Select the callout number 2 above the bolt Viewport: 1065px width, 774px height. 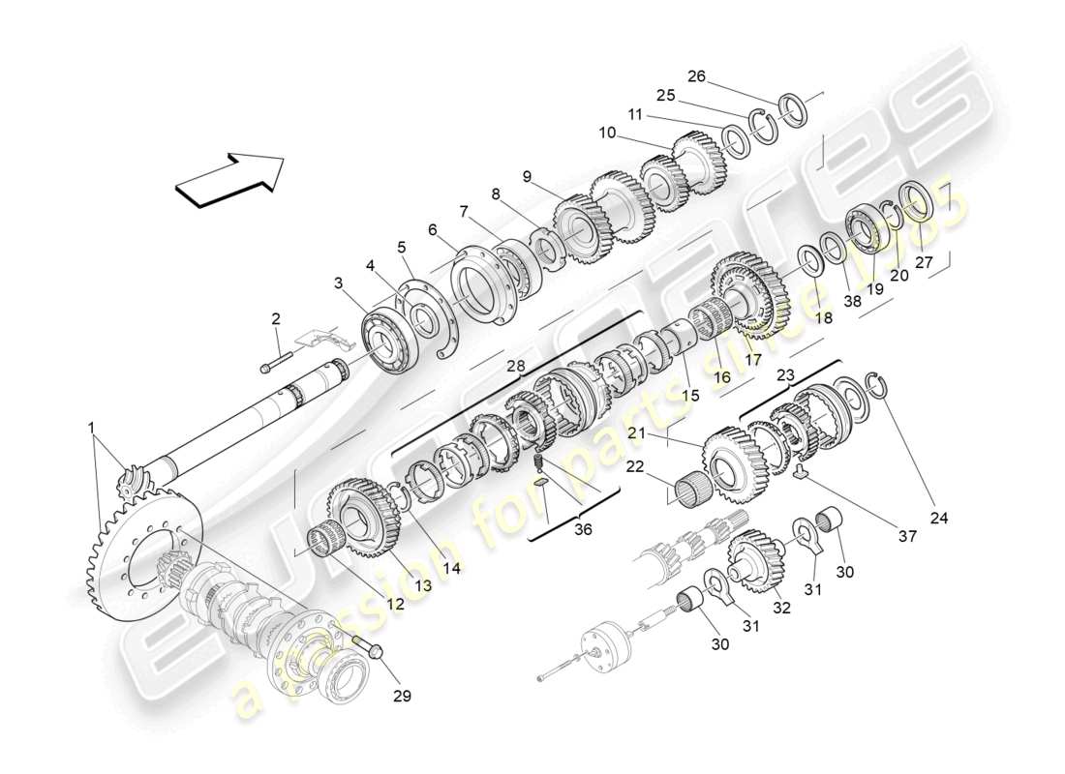coord(275,318)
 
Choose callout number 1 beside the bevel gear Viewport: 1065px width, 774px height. coord(92,427)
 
